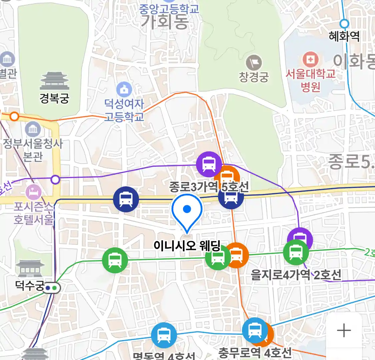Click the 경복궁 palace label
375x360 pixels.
click(x=54, y=98)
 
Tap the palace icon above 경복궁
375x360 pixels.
click(x=54, y=81)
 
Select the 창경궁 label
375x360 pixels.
click(x=254, y=77)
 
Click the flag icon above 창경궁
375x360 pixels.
click(x=254, y=62)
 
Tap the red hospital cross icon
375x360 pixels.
click(x=310, y=60)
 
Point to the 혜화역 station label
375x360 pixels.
click(x=344, y=36)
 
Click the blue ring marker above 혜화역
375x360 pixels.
click(x=344, y=24)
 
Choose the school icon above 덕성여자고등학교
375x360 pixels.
click(x=124, y=89)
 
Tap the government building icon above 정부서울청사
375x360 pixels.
click(x=33, y=129)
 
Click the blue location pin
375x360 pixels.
click(x=187, y=211)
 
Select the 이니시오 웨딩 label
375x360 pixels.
click(x=187, y=246)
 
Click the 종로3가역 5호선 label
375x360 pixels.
click(x=209, y=187)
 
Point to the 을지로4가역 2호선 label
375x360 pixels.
click(x=296, y=275)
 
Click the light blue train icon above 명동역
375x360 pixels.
click(x=164, y=335)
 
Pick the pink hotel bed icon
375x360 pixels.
click(x=34, y=192)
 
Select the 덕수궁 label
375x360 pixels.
click(x=30, y=285)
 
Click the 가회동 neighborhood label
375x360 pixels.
click(x=165, y=22)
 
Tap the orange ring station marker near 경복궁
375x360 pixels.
click(x=14, y=116)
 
